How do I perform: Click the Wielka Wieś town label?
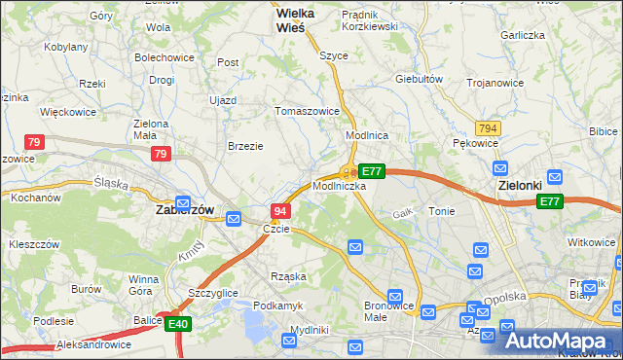(x=275, y=20)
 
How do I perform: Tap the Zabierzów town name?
(x=185, y=209)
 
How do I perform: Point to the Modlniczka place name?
(x=340, y=185)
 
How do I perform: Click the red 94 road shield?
(x=280, y=211)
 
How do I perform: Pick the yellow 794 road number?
(x=488, y=128)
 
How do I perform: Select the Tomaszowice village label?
(x=308, y=111)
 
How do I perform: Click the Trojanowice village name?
(x=495, y=83)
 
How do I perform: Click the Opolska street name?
(x=506, y=297)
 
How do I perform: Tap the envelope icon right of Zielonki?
(x=554, y=177)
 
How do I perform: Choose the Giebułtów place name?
(x=420, y=79)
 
